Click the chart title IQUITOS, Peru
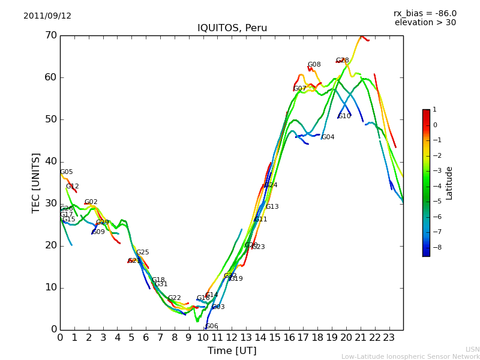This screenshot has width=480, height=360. pos(232,28)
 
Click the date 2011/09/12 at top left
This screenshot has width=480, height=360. pos(47,16)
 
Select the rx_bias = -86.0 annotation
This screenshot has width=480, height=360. pos(425,13)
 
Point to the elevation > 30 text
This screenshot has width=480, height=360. pos(425,23)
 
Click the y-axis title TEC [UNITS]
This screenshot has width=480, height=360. pos(36,182)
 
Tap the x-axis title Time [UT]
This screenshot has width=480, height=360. pos(232,351)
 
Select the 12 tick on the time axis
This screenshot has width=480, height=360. pos(232,337)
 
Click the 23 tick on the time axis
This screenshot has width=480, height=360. pos(389,337)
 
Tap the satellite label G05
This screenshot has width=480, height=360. pos(67,172)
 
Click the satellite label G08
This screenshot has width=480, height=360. pos(314,65)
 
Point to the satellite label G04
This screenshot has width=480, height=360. pos(328,137)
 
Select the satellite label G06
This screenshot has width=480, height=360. pos(212,326)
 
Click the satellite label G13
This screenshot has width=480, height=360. pos(272,207)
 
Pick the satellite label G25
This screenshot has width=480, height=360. pos(143,253)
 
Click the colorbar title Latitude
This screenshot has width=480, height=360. pos(449,183)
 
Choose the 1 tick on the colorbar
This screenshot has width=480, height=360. pos(434,110)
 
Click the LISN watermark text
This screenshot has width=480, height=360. pos(472,349)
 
